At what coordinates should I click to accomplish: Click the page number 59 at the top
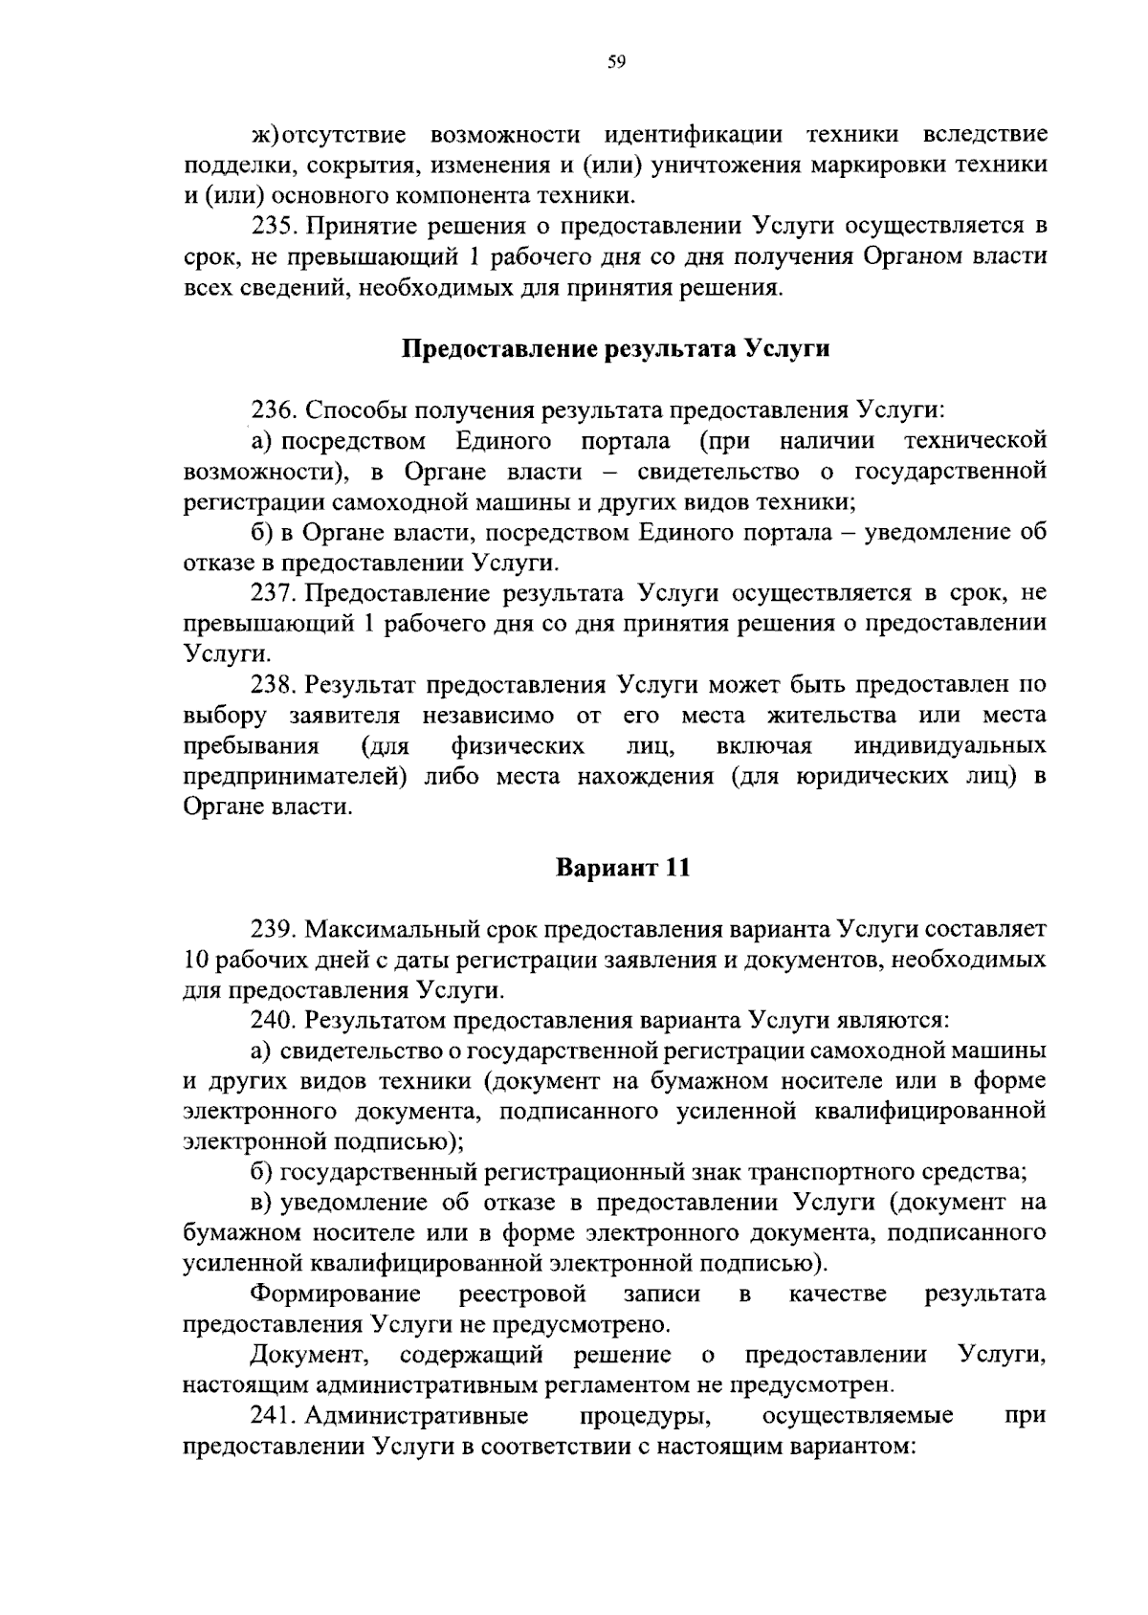point(616,62)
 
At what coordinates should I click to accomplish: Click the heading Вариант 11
point(623,868)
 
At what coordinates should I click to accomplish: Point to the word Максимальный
point(390,929)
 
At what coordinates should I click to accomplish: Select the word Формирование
point(336,1294)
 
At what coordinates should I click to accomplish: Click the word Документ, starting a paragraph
point(312,1356)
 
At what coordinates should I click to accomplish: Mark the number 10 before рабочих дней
point(195,960)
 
